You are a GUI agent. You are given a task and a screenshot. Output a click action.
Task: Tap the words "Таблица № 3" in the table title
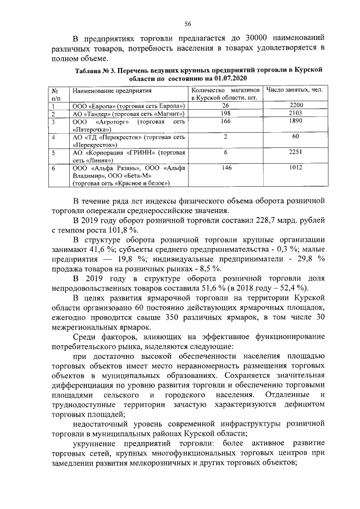tap(95, 70)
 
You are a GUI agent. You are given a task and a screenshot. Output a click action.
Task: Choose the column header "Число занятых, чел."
tap(295, 90)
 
